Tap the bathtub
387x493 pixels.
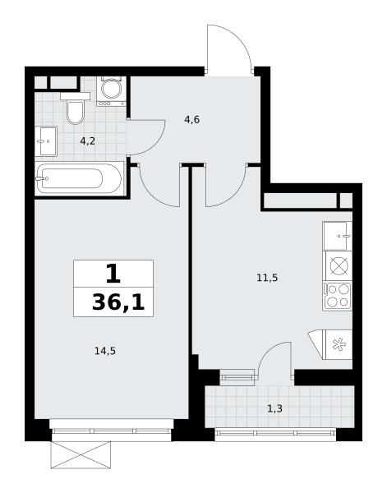click(x=79, y=178)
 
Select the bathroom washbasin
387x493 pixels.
click(x=46, y=141)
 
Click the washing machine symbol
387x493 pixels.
click(x=111, y=91)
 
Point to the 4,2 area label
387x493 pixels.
click(x=87, y=141)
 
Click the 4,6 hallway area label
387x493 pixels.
click(x=192, y=120)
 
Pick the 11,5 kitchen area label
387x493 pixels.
click(x=267, y=278)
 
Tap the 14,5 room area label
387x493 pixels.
click(x=105, y=351)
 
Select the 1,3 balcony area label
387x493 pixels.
click(x=274, y=408)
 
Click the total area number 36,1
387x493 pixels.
click(x=118, y=302)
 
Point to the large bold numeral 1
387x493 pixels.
click(x=113, y=274)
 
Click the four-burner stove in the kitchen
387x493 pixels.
click(x=338, y=296)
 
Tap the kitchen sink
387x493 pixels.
click(x=338, y=236)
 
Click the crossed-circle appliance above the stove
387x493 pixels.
click(x=339, y=266)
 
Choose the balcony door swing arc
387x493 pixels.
click(x=267, y=348)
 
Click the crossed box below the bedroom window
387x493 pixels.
click(x=81, y=454)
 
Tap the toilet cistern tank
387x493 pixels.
click(x=75, y=96)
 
